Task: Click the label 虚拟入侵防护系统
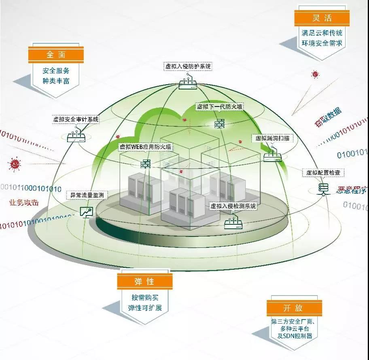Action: (188, 66)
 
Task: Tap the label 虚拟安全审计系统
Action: (76, 119)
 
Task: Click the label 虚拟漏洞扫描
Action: (272, 138)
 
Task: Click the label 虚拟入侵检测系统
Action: (233, 206)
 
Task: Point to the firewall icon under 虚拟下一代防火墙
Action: (219, 124)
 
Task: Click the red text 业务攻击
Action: (24, 203)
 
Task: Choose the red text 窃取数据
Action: (328, 118)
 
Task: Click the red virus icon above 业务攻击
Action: (15, 164)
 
